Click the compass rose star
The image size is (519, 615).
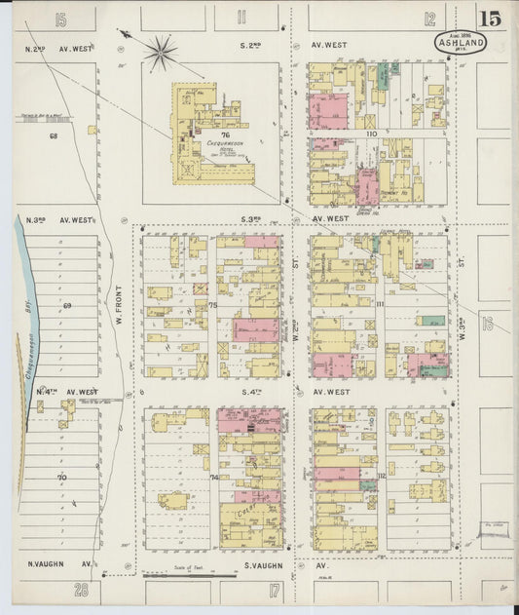pos(161,50)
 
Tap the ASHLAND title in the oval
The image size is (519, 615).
pos(455,43)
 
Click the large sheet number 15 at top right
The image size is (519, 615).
pos(489,18)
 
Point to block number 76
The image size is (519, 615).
pos(225,135)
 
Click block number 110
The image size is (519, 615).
pos(370,133)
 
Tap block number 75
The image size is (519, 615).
pos(212,305)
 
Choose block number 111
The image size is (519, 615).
pos(380,305)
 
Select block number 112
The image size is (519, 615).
pos(381,476)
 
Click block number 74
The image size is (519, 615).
pos(213,477)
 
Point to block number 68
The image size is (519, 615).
pos(55,135)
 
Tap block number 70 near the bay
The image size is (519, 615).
pos(60,478)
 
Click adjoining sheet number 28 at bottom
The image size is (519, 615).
pos(82,589)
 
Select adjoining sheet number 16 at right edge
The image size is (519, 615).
pos(488,324)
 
